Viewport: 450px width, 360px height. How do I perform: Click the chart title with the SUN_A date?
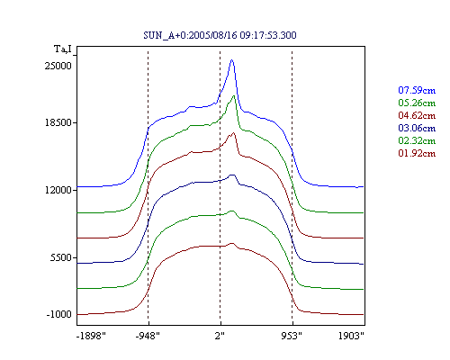tap(220, 35)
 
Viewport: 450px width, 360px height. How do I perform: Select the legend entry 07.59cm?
tap(417, 90)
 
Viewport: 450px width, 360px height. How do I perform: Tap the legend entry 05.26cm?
tap(417, 103)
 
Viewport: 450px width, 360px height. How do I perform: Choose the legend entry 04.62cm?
tap(417, 115)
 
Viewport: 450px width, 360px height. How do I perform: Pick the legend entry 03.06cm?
tap(417, 128)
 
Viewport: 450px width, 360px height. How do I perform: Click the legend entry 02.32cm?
tap(417, 140)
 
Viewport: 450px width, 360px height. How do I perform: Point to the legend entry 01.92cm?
tap(417, 153)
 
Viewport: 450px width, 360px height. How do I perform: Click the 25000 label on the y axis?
tap(58, 66)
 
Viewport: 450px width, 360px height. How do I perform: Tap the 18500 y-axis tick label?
tap(58, 122)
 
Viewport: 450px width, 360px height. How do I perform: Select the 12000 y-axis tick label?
tap(58, 190)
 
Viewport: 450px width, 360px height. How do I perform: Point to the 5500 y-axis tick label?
tap(61, 257)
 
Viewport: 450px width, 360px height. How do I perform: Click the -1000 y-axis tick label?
tap(58, 314)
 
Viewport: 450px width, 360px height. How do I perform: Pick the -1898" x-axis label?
tap(91, 336)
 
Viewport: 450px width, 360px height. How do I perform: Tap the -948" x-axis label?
tap(148, 336)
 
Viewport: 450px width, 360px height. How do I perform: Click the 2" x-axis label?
tap(220, 336)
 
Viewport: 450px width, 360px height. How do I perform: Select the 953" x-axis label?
tap(292, 336)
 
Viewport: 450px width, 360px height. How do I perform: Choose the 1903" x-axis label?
tap(351, 336)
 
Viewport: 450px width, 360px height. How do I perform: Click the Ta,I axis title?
tap(63, 49)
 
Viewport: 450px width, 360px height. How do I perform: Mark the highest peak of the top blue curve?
tap(231, 60)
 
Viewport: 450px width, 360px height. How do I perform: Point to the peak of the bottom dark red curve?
tap(232, 243)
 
